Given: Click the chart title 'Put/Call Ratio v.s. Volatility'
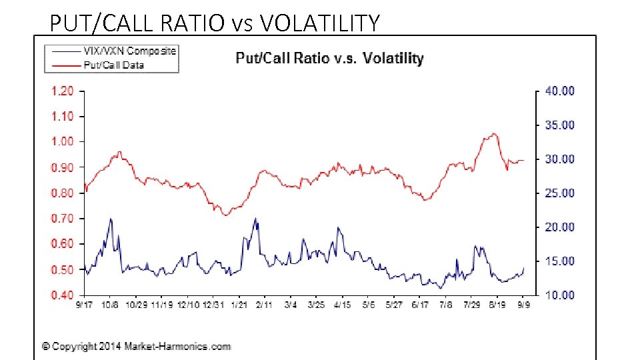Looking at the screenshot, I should coord(329,58).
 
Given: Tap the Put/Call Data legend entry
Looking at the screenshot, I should coord(114,65).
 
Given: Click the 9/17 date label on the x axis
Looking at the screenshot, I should coord(83,305).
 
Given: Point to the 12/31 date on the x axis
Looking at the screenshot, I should coord(213,305).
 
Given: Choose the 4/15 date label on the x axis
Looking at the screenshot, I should coord(342,305).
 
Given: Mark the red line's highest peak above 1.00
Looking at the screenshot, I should coord(493,133).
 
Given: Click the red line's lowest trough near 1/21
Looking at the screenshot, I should coord(225,215).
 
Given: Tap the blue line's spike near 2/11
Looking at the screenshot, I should coord(255,218).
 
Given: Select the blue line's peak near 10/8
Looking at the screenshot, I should coord(111,219).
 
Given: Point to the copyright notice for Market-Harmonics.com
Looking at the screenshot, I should coord(137,346).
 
